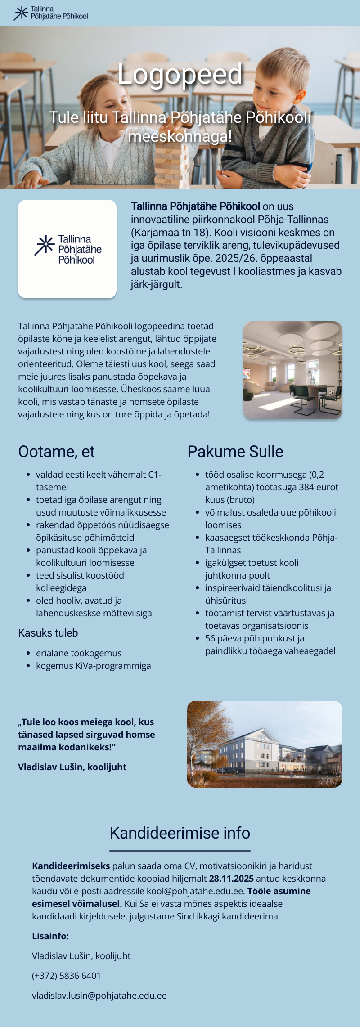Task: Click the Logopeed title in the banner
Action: click(x=180, y=74)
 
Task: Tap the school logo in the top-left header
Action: click(x=51, y=13)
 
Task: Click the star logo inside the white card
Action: click(x=45, y=245)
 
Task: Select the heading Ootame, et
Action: click(x=56, y=452)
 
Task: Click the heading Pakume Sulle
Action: click(x=235, y=452)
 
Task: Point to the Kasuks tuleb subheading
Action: click(x=48, y=633)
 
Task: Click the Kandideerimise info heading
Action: click(x=180, y=833)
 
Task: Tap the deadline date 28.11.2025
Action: click(x=231, y=879)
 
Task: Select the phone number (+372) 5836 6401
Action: click(x=67, y=976)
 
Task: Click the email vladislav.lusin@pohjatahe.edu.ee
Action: click(x=99, y=996)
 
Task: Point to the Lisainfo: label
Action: click(x=50, y=936)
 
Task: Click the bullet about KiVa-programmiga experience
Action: click(x=94, y=666)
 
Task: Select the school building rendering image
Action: click(x=265, y=744)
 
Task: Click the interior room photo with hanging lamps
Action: click(x=292, y=370)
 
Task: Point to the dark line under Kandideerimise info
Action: click(x=180, y=851)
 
